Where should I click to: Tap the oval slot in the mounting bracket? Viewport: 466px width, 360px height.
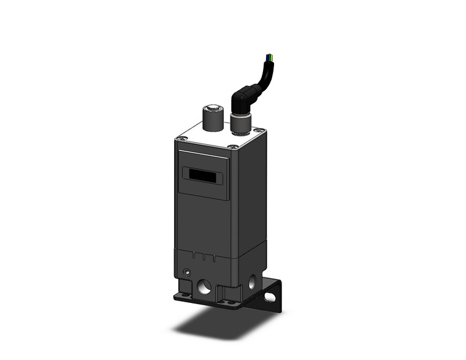point(269,299)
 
